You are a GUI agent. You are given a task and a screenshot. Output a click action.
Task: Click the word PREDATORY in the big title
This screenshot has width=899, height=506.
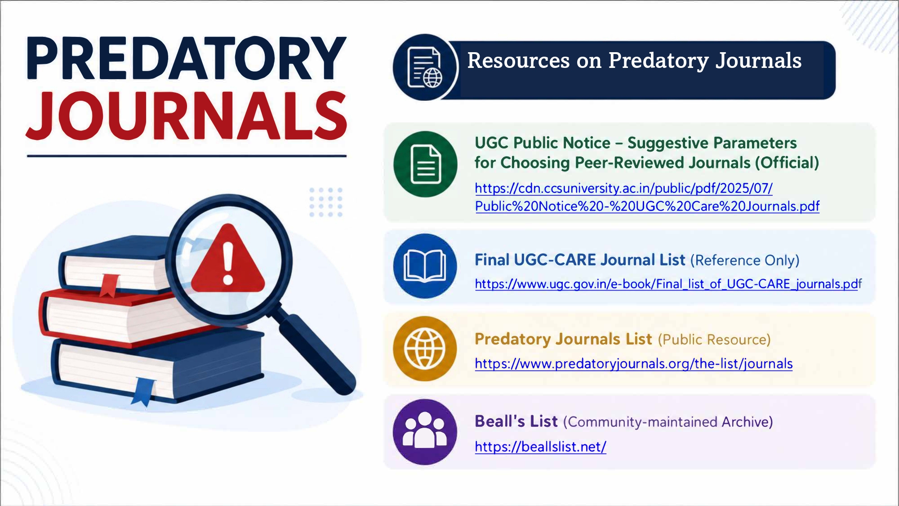[187, 58]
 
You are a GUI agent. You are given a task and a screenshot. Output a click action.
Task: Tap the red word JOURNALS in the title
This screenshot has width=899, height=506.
[187, 116]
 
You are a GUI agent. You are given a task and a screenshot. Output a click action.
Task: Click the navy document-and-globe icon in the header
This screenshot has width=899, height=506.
[425, 67]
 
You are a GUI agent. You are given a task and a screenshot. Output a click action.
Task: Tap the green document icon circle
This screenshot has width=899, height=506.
[425, 164]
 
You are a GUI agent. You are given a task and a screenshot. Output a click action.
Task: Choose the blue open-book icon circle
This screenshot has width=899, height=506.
[425, 266]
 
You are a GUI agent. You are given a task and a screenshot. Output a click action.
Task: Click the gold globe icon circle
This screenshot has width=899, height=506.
[425, 349]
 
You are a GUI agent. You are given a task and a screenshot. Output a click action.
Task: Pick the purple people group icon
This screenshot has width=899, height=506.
[425, 432]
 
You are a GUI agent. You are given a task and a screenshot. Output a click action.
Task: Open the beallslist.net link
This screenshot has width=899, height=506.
[541, 447]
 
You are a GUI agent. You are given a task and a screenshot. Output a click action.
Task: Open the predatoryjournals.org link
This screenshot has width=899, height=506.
[634, 363]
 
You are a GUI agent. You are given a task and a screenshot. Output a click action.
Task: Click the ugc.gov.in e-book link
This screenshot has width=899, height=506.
[668, 284]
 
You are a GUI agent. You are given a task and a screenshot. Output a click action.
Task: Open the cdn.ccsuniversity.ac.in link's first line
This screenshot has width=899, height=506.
[624, 188]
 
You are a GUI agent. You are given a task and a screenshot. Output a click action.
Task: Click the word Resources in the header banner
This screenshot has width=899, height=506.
[518, 60]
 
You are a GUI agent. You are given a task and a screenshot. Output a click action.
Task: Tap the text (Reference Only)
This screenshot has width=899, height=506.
[745, 260]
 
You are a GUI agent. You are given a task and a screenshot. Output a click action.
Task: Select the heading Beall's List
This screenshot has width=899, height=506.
[516, 421]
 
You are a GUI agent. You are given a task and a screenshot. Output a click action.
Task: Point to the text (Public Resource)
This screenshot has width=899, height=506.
[714, 340]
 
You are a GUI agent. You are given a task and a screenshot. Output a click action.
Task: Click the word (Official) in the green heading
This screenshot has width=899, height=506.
[787, 163]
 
